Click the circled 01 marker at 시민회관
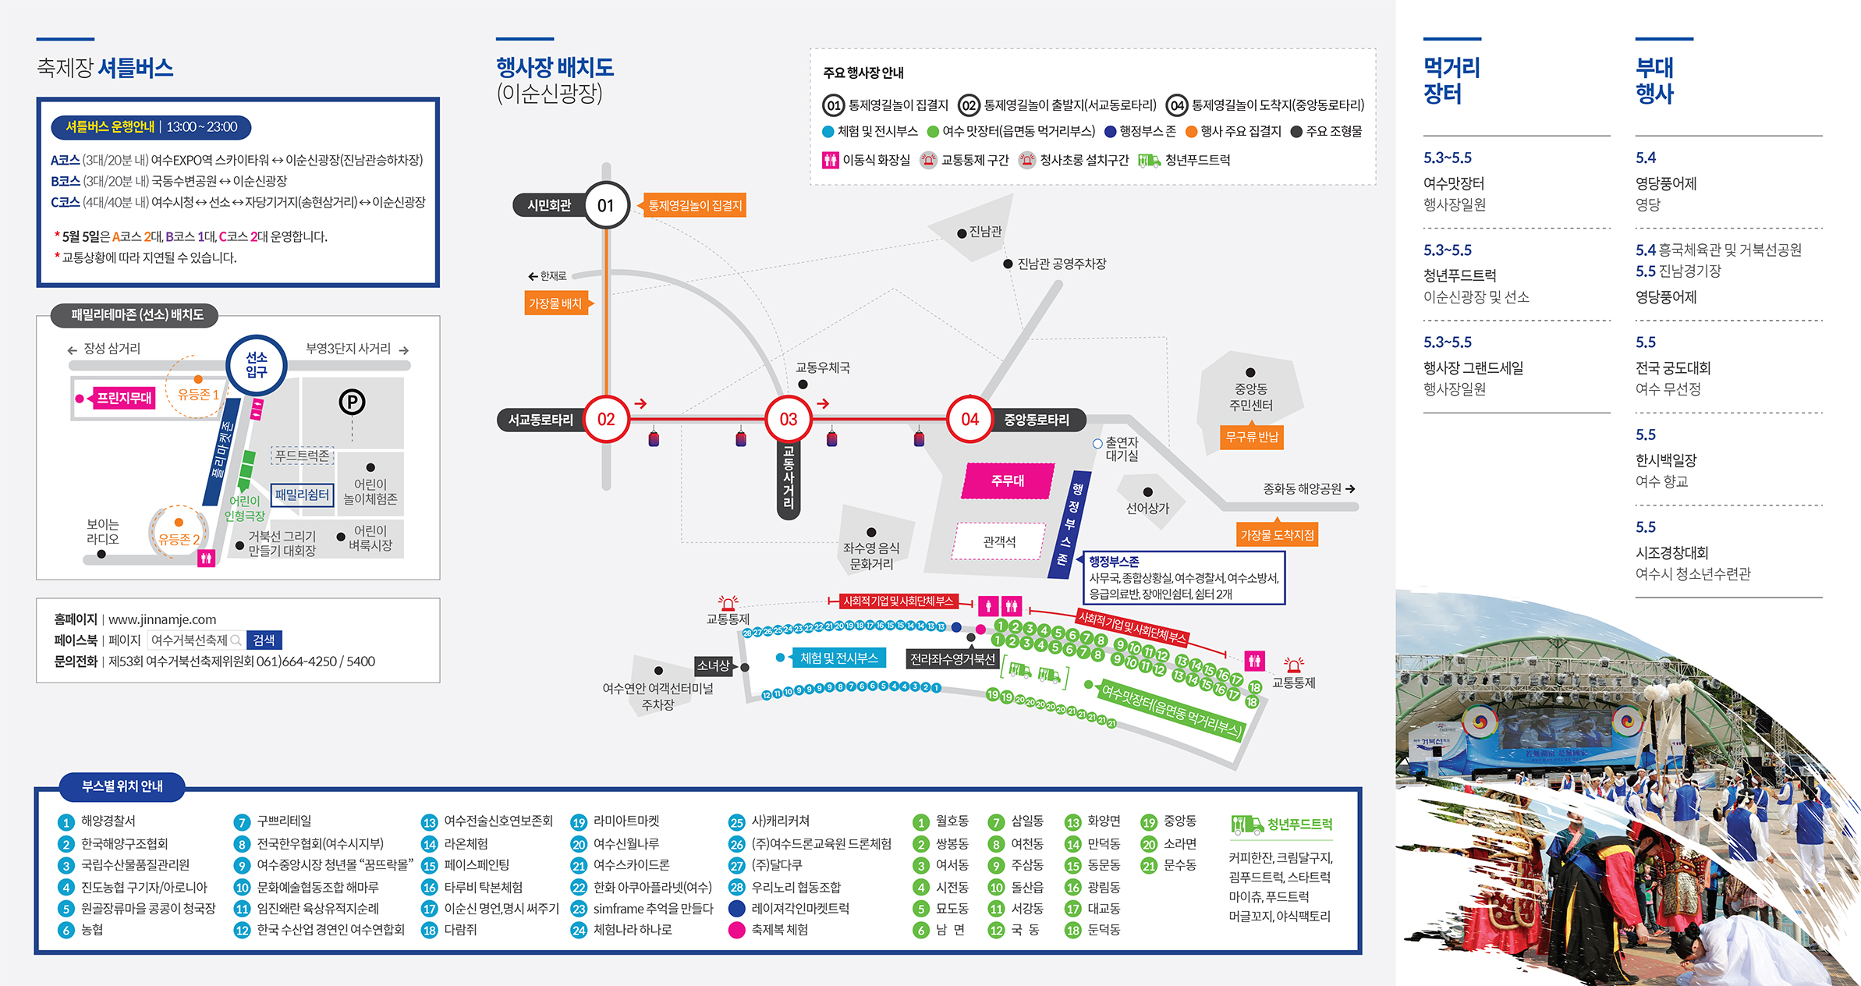tap(606, 205)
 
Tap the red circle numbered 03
tap(788, 419)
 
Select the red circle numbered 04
tap(969, 419)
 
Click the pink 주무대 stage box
tap(1008, 481)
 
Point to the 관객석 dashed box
tap(999, 541)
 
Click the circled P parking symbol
tap(352, 402)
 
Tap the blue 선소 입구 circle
tap(257, 364)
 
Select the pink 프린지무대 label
tap(124, 398)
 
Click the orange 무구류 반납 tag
tap(1252, 437)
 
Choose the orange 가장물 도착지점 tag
tap(1277, 535)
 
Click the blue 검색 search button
tap(264, 640)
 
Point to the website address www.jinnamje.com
tap(162, 619)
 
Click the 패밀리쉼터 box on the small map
tap(302, 495)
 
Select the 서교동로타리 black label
tap(541, 420)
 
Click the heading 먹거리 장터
tap(1452, 80)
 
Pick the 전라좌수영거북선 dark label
tap(952, 659)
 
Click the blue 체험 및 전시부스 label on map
tap(838, 658)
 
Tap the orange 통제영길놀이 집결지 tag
tap(695, 205)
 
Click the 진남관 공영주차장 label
tap(1062, 264)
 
